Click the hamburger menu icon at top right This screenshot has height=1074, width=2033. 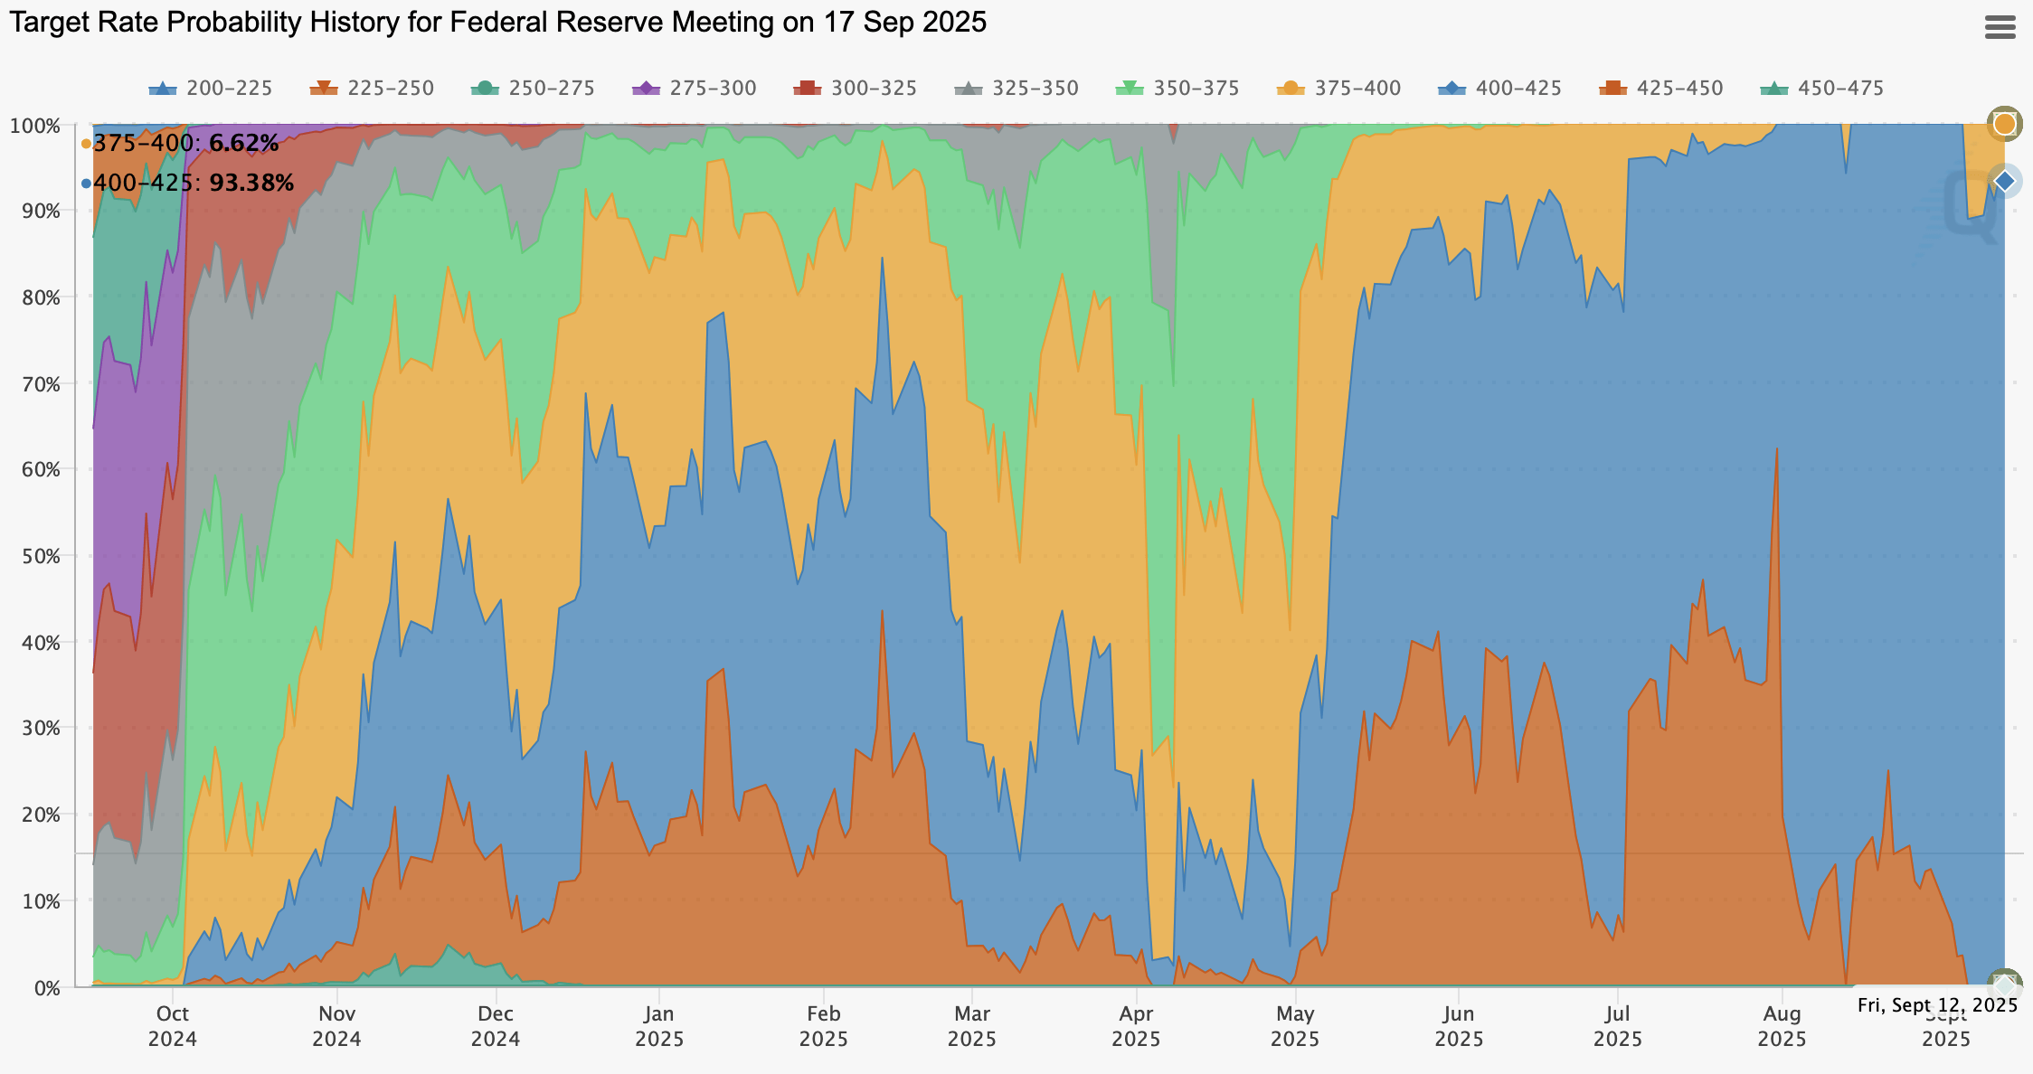tap(2000, 27)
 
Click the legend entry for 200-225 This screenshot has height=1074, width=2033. tap(210, 89)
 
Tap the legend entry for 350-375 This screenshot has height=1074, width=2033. tap(1177, 89)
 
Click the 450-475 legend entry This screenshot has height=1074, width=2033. tap(1822, 89)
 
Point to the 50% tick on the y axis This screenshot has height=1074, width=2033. tap(35, 556)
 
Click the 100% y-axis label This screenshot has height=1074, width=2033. tap(35, 126)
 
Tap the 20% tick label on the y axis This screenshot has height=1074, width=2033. tap(35, 815)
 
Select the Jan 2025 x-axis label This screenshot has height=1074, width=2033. tap(659, 1025)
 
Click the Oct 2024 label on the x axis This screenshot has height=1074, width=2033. tap(173, 1025)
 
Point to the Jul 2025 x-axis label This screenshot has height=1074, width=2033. tap(1618, 1025)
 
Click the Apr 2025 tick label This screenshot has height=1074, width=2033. tap(1136, 1025)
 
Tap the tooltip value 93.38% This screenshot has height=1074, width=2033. tap(251, 184)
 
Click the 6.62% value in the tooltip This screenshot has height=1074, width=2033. tap(243, 144)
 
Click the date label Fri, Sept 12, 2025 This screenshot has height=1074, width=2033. tap(1937, 1005)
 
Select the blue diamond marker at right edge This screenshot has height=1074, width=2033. tap(2005, 181)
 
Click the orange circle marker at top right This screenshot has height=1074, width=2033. tap(2005, 124)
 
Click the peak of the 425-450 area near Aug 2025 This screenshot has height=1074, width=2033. tap(1777, 449)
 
